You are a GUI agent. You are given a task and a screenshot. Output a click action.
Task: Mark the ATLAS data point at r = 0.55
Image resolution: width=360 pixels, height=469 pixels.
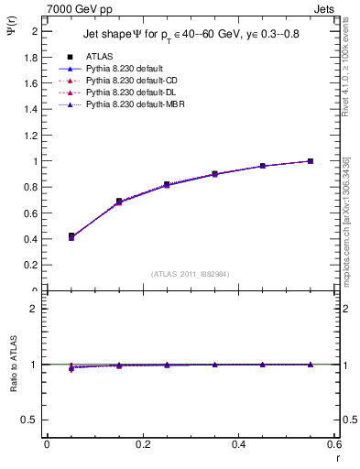311,161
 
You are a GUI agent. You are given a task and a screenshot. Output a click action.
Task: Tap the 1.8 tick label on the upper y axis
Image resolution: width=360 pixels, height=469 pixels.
30,57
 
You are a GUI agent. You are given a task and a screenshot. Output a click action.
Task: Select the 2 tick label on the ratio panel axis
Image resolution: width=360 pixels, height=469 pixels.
34,309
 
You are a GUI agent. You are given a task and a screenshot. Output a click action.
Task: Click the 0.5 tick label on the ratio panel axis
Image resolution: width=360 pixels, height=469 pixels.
30,420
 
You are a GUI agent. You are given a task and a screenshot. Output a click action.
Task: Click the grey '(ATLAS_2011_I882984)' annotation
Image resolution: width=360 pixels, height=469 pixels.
191,273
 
